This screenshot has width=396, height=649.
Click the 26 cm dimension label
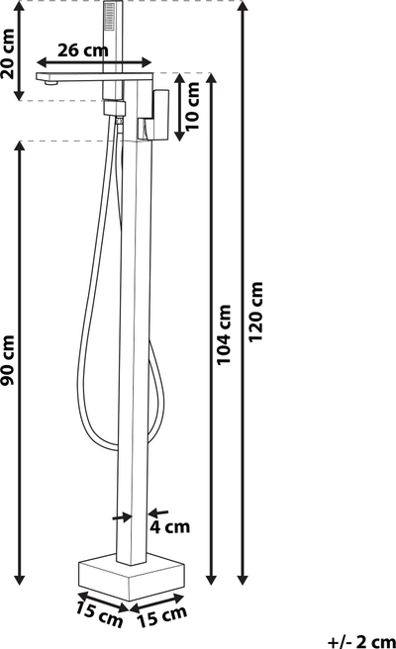[x=83, y=50]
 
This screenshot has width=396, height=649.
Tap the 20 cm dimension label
[x=8, y=53]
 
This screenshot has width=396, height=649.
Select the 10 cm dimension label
[x=192, y=107]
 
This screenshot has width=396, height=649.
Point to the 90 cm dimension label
[x=8, y=360]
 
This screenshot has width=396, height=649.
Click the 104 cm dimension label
[x=224, y=334]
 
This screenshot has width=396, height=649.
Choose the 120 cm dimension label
[x=255, y=312]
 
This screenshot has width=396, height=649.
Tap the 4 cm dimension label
[x=170, y=527]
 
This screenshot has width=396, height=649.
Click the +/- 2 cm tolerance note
[x=361, y=641]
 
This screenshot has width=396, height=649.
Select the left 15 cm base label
[x=99, y=615]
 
